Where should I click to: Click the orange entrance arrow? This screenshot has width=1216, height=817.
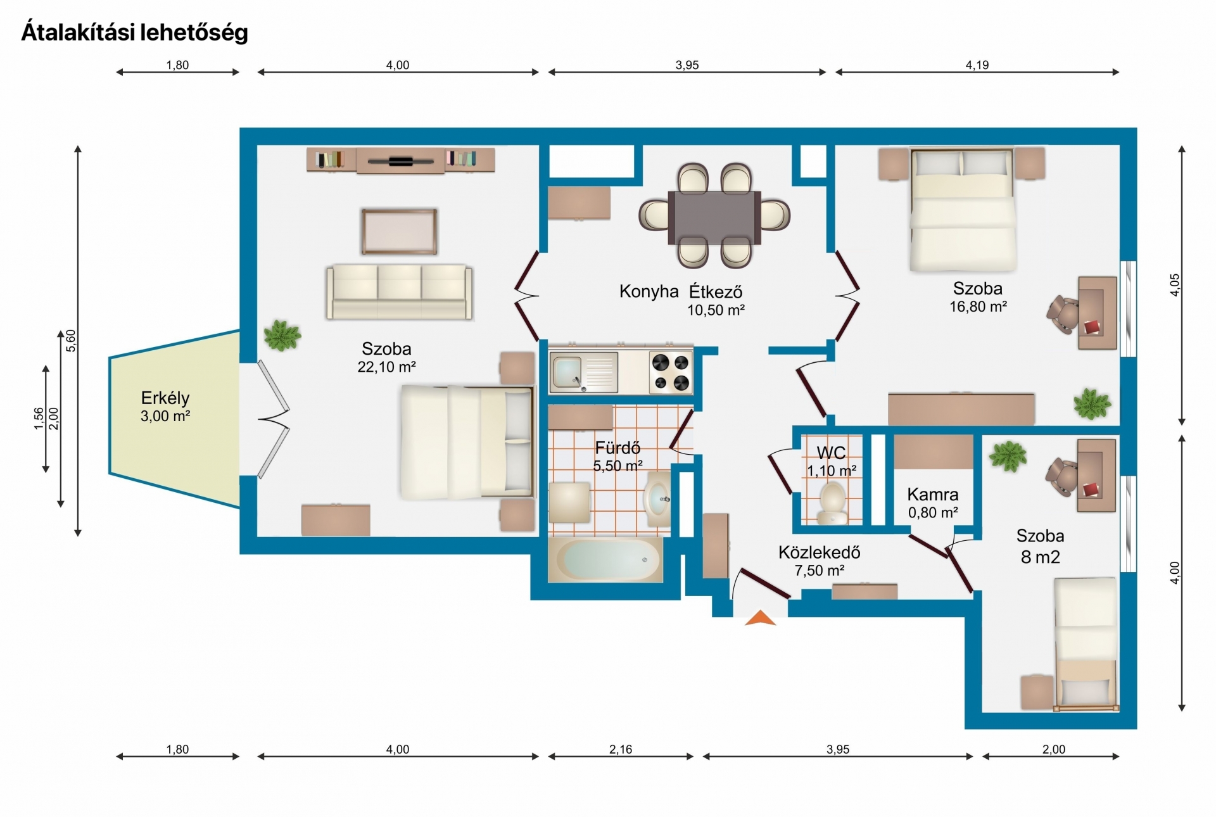point(761,618)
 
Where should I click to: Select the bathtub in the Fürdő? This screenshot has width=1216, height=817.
point(606,559)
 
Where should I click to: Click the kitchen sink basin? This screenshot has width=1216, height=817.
point(567,372)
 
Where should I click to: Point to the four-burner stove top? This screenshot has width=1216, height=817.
point(671,372)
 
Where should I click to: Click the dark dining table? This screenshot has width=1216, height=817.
point(714,217)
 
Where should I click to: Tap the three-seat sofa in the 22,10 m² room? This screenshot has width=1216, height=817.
point(399,292)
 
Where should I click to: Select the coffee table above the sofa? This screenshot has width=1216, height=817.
point(399,232)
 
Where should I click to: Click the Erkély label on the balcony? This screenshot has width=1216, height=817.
point(165,398)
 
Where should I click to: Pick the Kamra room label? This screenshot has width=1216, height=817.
point(933,494)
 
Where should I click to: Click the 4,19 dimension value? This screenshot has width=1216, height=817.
point(977,65)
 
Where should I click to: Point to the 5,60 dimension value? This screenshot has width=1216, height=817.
point(71,341)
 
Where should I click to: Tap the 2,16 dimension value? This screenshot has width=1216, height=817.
point(621,749)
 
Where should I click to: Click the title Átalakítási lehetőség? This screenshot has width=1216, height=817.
point(135,32)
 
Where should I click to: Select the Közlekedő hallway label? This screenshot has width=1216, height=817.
point(820,552)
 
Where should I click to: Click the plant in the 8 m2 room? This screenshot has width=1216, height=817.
point(1008,456)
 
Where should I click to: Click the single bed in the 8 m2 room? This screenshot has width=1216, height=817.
point(1086,643)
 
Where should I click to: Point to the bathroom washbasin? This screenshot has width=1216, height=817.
point(658,499)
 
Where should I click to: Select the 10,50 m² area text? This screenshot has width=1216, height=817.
point(716,310)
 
